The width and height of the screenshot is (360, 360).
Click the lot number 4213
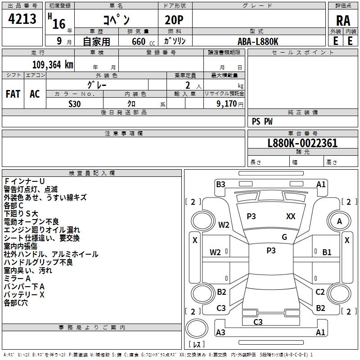coord(22,18)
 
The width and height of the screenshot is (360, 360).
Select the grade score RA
coord(343,21)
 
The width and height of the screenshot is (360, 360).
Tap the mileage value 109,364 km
coord(53,65)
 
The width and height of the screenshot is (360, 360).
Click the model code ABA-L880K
coord(258,41)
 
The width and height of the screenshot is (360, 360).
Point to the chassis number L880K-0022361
coord(302,143)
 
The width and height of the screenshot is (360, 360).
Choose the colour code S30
coord(75,104)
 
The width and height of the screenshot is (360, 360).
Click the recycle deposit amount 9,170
coord(227,104)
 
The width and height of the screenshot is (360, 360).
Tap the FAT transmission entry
coord(13,94)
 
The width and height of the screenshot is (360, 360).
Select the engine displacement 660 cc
coord(143,41)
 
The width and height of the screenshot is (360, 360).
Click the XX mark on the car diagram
coord(291,216)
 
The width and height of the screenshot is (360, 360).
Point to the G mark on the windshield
coord(284,237)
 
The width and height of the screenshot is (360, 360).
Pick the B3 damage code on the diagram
coord(220,184)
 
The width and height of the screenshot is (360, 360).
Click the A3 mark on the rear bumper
coord(220,332)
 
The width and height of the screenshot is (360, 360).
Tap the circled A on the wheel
coord(339,221)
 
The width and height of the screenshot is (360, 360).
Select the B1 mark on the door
coord(327,252)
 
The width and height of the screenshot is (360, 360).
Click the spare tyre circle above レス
coord(197,328)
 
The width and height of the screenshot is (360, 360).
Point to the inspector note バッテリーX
coord(24,295)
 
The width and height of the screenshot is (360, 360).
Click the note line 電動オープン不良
coord(31,221)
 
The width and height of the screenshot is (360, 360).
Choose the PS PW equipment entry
coord(262,121)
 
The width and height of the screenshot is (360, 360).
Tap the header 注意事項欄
coord(124,133)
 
